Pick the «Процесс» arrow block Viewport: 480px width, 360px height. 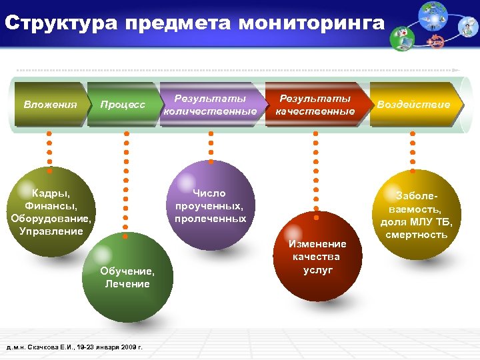123,105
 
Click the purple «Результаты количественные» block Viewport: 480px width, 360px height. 210,105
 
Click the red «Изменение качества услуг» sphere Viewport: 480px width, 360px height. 317,257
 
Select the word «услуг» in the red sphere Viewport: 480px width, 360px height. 317,270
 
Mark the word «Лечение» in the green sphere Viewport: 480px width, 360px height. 127,284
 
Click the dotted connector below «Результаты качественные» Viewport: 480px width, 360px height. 315,173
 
